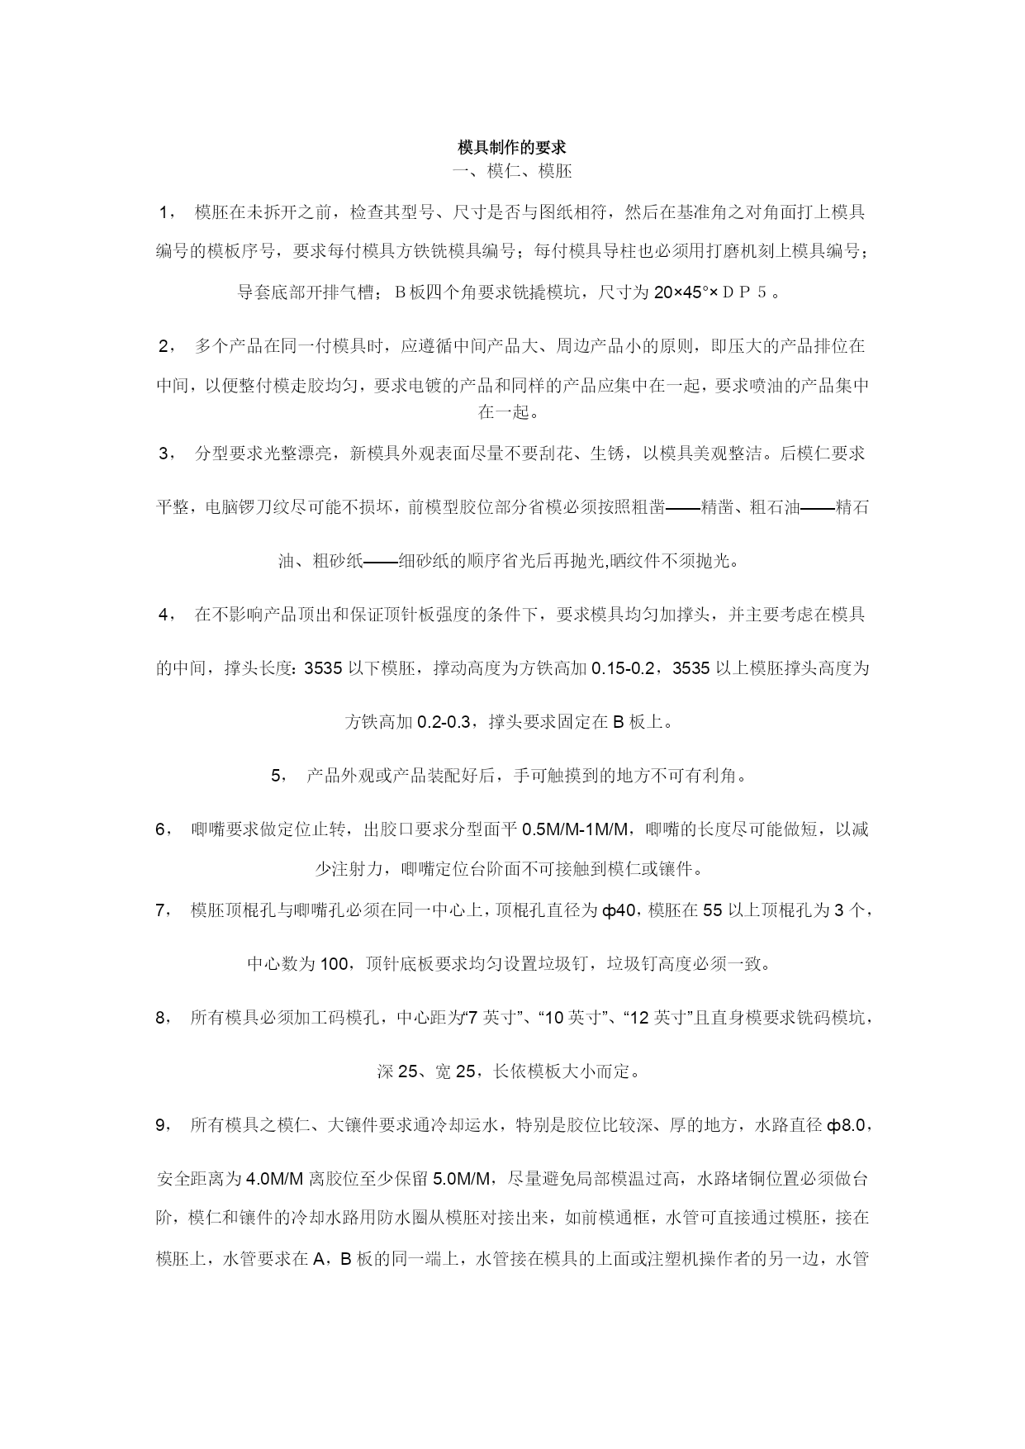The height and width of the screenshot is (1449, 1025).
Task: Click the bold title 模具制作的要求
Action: tap(512, 148)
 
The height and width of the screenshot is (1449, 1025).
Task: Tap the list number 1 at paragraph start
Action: tap(164, 212)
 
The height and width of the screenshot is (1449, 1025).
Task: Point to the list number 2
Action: tap(164, 346)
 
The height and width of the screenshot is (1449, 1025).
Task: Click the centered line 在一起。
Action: tap(512, 411)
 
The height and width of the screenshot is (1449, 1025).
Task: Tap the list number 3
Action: tap(164, 454)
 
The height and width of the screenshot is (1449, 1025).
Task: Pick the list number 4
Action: tap(164, 615)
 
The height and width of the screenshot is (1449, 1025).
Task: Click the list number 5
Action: tap(278, 776)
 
